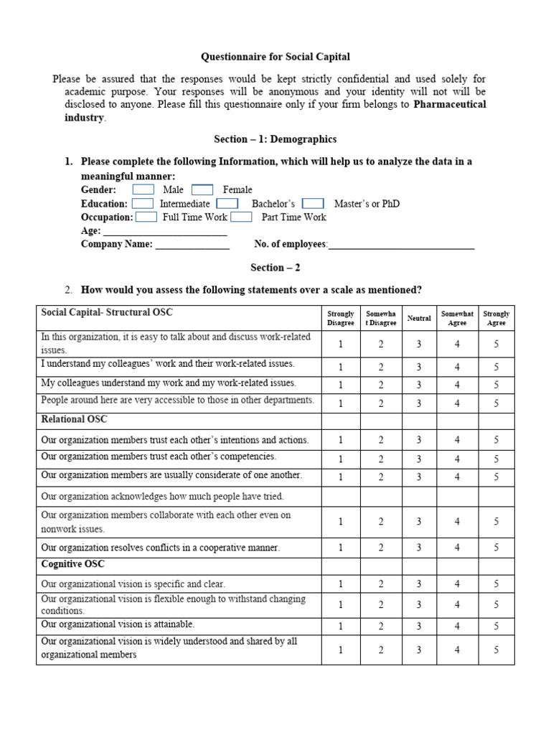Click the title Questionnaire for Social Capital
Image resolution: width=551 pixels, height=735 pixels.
pyautogui.click(x=275, y=57)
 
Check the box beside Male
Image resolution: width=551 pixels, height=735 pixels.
pyautogui.click(x=143, y=189)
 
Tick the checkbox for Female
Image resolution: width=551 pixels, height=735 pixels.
pyautogui.click(x=202, y=189)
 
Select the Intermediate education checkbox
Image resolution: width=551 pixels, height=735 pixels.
pyautogui.click(x=142, y=203)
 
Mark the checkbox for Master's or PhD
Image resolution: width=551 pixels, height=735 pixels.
pyautogui.click(x=313, y=203)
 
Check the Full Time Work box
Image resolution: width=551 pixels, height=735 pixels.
pyautogui.click(x=146, y=217)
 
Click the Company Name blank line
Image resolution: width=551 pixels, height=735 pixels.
pyautogui.click(x=192, y=245)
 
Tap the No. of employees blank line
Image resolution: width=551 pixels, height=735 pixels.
pyautogui.click(x=401, y=245)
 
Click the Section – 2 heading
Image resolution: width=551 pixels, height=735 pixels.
pyautogui.click(x=275, y=268)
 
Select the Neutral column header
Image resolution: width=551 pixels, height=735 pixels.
pyautogui.click(x=419, y=318)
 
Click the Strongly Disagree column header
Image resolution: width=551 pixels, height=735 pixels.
pyautogui.click(x=341, y=318)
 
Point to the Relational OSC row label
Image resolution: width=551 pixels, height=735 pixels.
pyautogui.click(x=75, y=419)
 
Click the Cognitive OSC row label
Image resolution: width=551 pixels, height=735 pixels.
pyautogui.click(x=73, y=565)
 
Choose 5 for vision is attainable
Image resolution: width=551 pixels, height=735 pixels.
pyautogui.click(x=496, y=627)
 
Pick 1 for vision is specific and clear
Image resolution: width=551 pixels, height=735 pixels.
pyautogui.click(x=341, y=584)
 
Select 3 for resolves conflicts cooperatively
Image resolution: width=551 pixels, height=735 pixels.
pyautogui.click(x=419, y=548)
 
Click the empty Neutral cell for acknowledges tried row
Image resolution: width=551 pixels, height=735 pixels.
pyautogui.click(x=419, y=497)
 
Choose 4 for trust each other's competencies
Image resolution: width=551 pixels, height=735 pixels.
pyautogui.click(x=457, y=459)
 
